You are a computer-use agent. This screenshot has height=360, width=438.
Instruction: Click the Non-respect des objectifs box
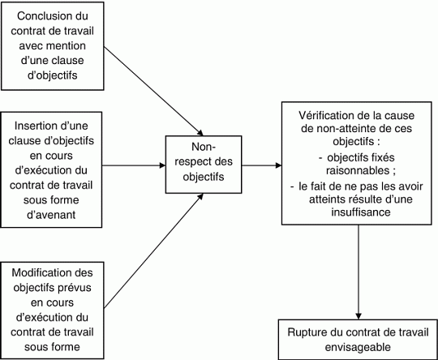click(x=204, y=165)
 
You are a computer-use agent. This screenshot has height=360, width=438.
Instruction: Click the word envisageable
click(x=358, y=347)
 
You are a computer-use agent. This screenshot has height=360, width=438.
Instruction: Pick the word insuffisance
click(x=361, y=212)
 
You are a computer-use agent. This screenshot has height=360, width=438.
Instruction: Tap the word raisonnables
click(x=358, y=170)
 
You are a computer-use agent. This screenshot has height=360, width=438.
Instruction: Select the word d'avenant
click(x=51, y=215)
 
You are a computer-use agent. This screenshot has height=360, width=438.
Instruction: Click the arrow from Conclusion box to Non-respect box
click(x=153, y=91)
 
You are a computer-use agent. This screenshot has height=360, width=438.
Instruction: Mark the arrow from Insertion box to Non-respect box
click(x=134, y=165)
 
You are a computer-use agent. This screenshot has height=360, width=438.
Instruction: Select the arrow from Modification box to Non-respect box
click(x=153, y=251)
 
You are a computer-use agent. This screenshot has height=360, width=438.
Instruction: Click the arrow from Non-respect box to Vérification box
click(x=262, y=165)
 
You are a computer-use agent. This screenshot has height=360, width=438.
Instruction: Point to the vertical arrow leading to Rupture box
click(x=359, y=272)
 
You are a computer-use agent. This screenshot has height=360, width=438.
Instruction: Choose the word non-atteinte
click(x=344, y=128)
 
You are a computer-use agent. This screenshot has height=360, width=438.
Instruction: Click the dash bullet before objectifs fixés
click(x=320, y=158)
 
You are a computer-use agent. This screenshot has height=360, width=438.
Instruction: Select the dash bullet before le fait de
click(x=292, y=186)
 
